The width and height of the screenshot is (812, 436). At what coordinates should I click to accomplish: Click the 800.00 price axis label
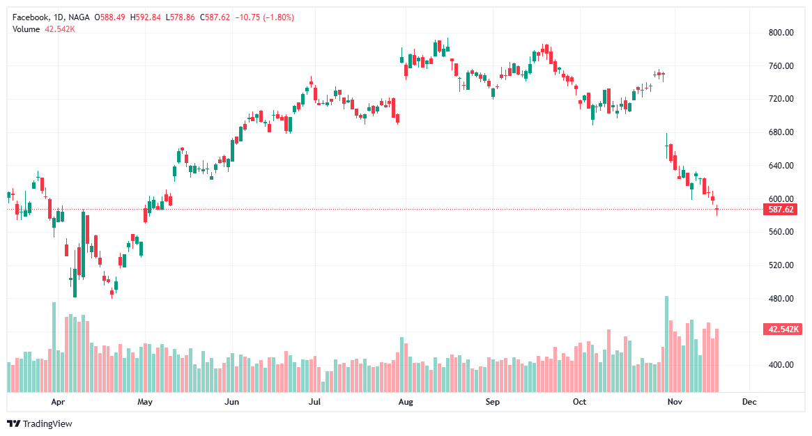coord(781,32)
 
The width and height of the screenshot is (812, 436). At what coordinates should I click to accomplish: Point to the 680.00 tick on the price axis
coord(781,132)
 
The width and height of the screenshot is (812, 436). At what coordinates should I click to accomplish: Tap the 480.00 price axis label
coord(781,299)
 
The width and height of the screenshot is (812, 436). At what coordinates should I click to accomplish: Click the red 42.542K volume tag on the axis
coord(781,329)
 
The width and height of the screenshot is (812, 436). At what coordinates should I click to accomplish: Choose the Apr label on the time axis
coord(58,402)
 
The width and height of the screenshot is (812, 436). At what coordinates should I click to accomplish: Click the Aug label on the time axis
coord(405,402)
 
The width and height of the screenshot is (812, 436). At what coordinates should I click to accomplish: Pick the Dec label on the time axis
coord(749,402)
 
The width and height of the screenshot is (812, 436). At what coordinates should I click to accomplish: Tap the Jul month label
coord(315,402)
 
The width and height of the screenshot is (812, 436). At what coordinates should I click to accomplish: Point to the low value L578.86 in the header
coord(181,17)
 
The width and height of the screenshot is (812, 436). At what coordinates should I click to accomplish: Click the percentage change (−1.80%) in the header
coord(275,17)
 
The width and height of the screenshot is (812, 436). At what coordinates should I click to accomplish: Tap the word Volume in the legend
coord(26,29)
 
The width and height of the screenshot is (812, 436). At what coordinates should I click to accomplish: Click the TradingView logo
coord(40,423)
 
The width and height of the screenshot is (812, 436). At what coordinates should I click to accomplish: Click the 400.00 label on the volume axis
coord(781,365)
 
